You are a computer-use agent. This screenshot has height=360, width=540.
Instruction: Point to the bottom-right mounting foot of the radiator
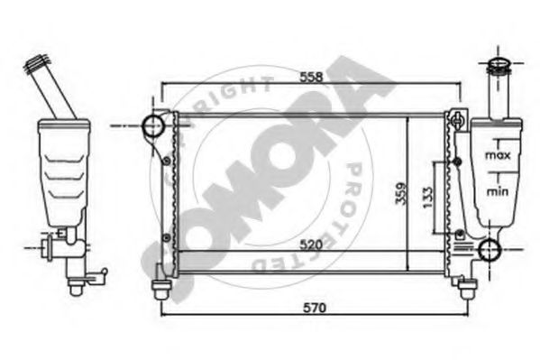coord(467,288)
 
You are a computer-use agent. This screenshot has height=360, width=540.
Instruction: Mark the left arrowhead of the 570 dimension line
coord(164,317)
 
